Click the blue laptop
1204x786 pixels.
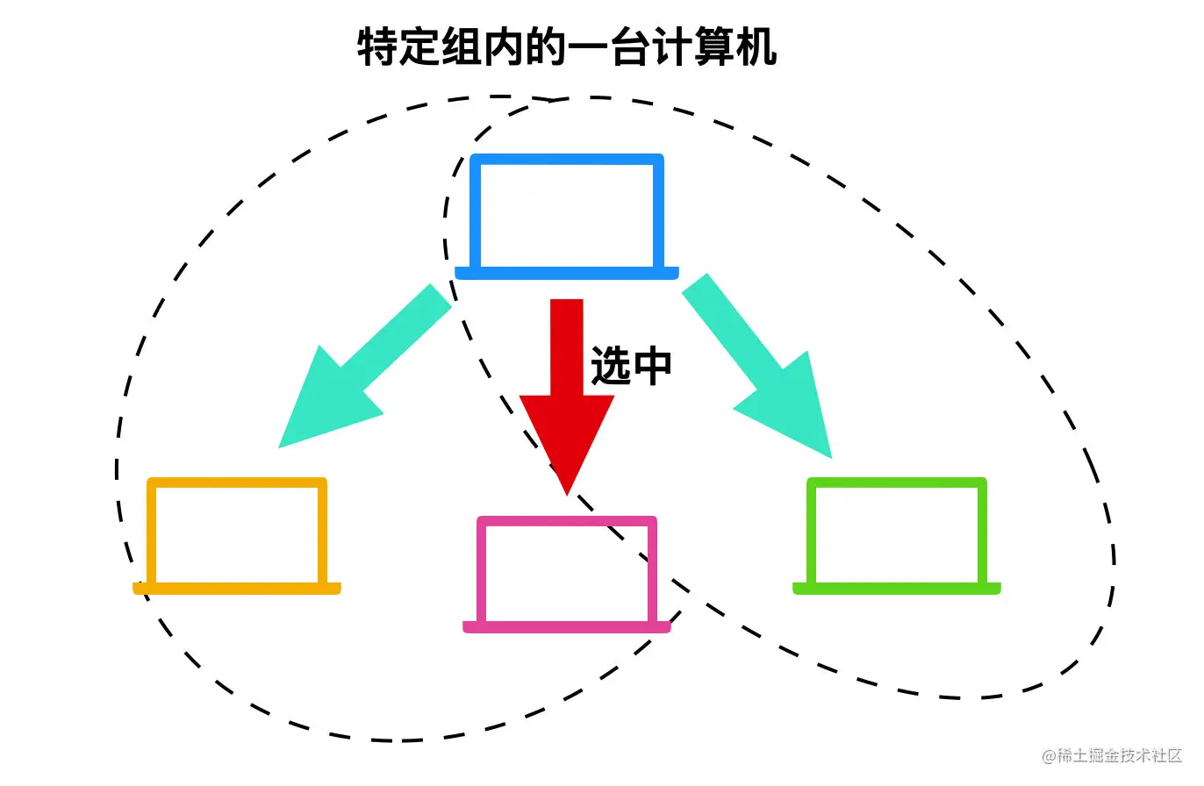pos(567,215)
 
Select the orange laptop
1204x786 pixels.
pos(237,535)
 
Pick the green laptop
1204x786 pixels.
pos(897,535)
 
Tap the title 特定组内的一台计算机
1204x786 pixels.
pos(567,47)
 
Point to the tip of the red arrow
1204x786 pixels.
pos(567,491)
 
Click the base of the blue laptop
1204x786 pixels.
pos(567,273)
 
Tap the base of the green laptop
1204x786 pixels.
pos(897,589)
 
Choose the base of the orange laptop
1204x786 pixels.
pos(237,589)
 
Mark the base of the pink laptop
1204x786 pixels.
pos(567,627)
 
